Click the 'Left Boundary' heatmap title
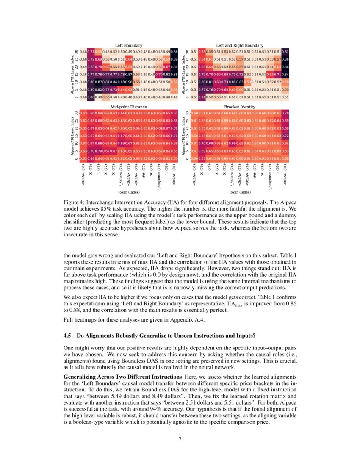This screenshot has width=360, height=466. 129,45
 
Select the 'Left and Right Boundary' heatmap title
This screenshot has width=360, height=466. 239,45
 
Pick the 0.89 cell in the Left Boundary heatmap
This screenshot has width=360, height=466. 174,59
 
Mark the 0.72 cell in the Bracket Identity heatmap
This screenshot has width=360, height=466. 285,136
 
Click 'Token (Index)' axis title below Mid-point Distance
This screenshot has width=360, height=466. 129,192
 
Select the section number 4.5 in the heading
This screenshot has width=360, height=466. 67,336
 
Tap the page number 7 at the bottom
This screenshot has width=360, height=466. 180,439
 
